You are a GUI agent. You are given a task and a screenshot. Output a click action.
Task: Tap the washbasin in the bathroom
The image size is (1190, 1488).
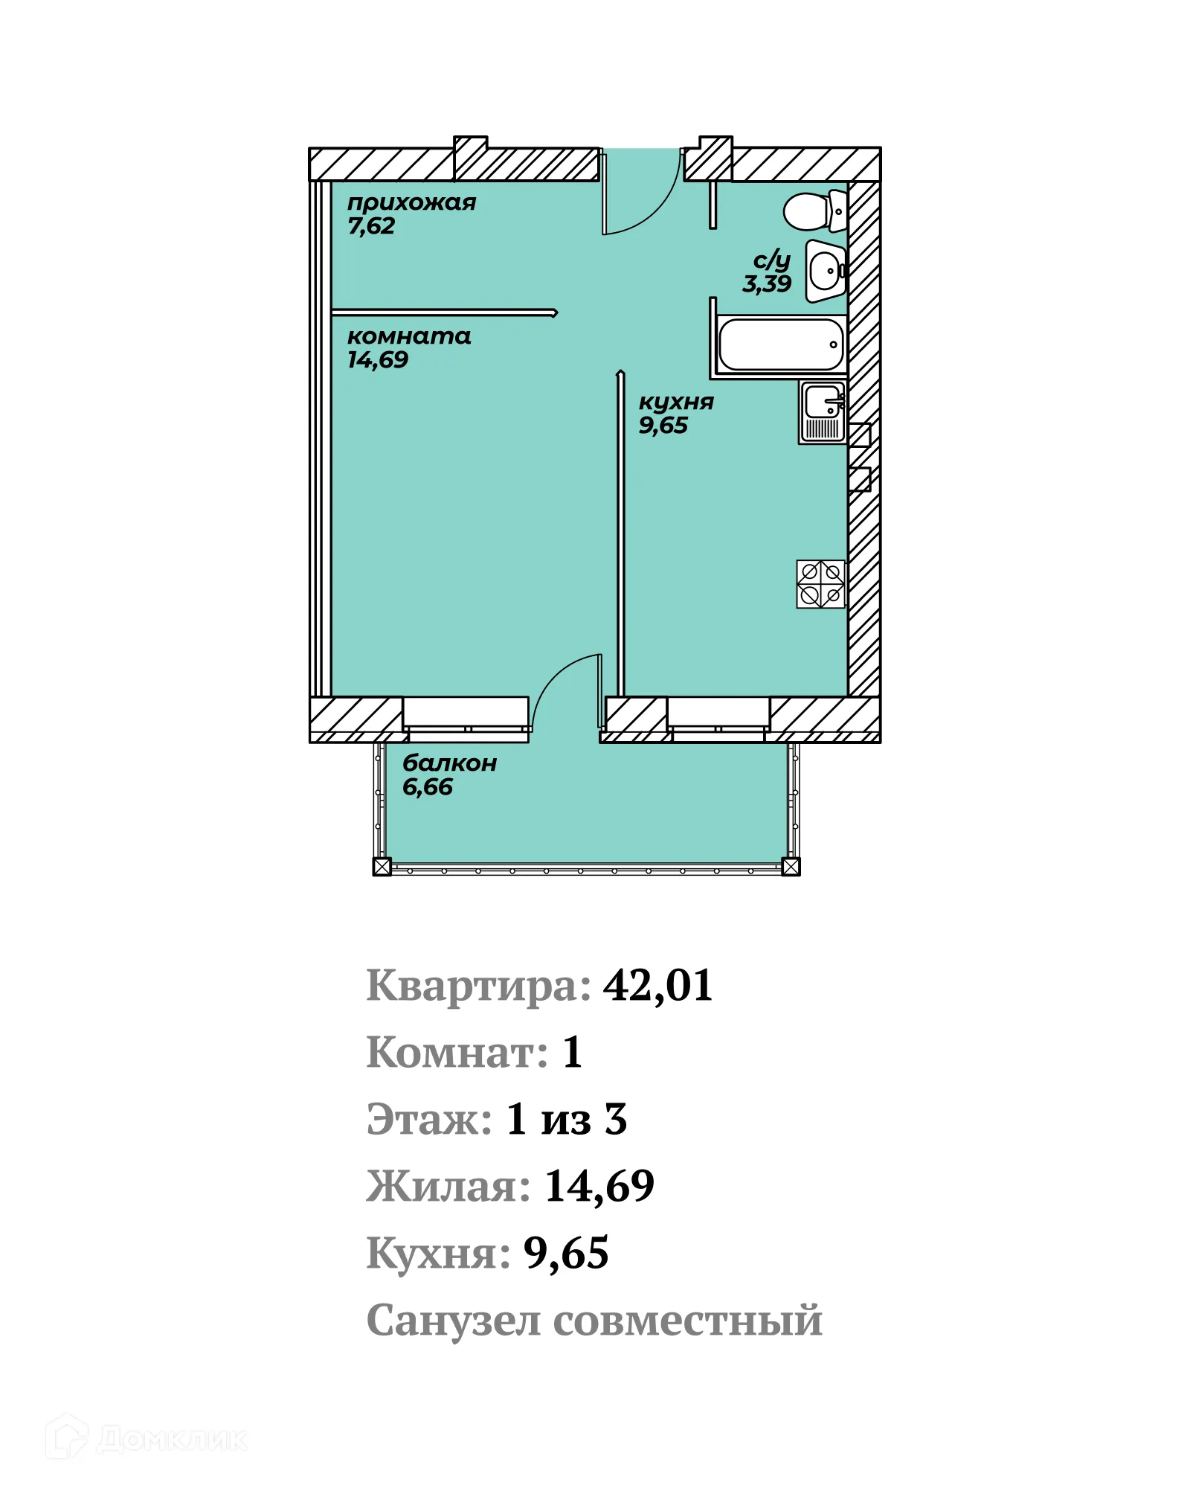(x=824, y=271)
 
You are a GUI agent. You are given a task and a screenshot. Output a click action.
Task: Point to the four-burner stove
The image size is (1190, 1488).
(x=820, y=584)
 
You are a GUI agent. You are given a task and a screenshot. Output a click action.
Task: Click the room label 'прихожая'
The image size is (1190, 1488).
(x=411, y=202)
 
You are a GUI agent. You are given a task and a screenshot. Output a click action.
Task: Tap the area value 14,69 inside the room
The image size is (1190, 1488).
(x=378, y=360)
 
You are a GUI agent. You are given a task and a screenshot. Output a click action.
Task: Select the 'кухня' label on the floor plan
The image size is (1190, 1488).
(x=675, y=403)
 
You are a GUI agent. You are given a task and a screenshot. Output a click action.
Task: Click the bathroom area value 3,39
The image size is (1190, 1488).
(x=766, y=283)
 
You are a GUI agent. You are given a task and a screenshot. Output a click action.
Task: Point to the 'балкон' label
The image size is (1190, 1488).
(x=449, y=763)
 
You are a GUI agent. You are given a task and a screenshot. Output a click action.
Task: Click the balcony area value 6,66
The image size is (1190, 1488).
(x=428, y=787)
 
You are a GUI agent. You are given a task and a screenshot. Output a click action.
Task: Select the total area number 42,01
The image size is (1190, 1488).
(x=657, y=986)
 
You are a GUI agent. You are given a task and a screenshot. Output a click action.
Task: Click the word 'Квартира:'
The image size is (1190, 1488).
(x=479, y=987)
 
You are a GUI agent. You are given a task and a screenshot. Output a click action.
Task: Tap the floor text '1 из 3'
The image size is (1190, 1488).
(x=567, y=1120)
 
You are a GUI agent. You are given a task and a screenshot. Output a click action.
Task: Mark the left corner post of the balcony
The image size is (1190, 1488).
(x=382, y=867)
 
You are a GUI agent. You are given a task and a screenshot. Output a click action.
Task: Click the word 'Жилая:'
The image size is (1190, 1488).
(x=448, y=1187)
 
